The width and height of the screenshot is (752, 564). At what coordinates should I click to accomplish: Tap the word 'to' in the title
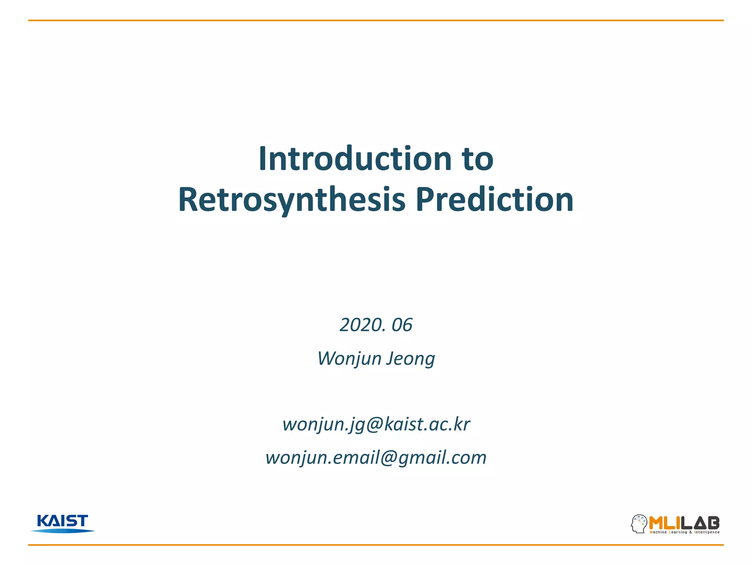[x=478, y=159]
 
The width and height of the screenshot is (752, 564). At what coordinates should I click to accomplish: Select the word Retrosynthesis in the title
[x=292, y=200]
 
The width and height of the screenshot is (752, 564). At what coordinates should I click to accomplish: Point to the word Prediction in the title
[x=495, y=200]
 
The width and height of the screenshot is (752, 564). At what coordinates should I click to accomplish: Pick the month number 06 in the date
[x=402, y=325]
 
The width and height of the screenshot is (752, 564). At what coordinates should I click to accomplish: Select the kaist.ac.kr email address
[x=376, y=424]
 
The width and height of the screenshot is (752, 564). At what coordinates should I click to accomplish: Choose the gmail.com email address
[x=376, y=458]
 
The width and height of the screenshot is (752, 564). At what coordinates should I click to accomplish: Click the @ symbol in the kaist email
[x=375, y=424]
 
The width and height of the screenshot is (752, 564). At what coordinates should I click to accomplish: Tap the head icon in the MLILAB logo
[x=639, y=524]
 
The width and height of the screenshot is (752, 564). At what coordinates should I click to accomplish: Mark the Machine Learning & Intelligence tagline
[x=684, y=532]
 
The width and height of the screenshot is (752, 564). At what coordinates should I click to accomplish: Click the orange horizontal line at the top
[x=376, y=21]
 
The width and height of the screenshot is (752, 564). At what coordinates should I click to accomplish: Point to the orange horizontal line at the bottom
[x=376, y=545]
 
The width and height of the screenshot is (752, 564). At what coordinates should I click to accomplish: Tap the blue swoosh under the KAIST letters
[x=62, y=531]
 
